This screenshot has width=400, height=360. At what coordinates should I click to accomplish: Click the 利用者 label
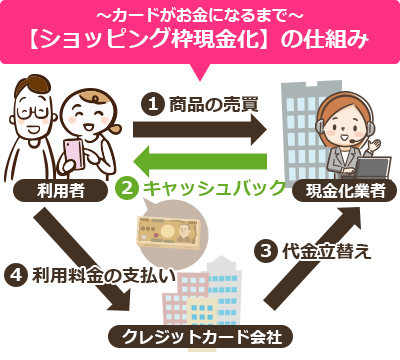[x=46, y=190]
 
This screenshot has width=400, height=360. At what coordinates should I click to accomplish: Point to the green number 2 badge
[x=126, y=186]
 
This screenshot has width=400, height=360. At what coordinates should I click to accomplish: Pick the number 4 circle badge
[x=16, y=273]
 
